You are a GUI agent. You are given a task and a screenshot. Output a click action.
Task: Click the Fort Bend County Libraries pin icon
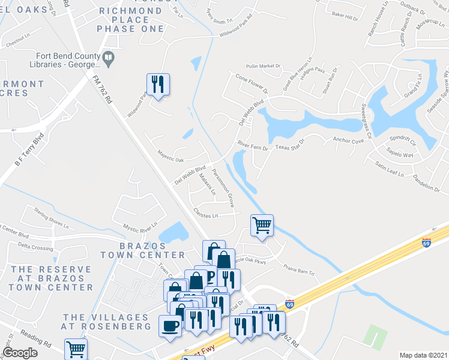[x=109, y=58]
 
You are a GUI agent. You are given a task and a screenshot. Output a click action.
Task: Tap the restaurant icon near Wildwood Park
[x=158, y=83]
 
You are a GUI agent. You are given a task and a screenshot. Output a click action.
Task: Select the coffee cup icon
[x=170, y=326]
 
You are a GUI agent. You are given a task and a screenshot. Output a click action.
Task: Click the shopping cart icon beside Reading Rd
[x=76, y=349]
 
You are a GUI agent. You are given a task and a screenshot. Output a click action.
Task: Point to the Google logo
[x=20, y=353]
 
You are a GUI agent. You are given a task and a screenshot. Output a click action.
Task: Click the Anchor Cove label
[x=349, y=141]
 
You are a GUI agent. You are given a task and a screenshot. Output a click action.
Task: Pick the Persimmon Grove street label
[x=222, y=187]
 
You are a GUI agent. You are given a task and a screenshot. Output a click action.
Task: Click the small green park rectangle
[x=375, y=334]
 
